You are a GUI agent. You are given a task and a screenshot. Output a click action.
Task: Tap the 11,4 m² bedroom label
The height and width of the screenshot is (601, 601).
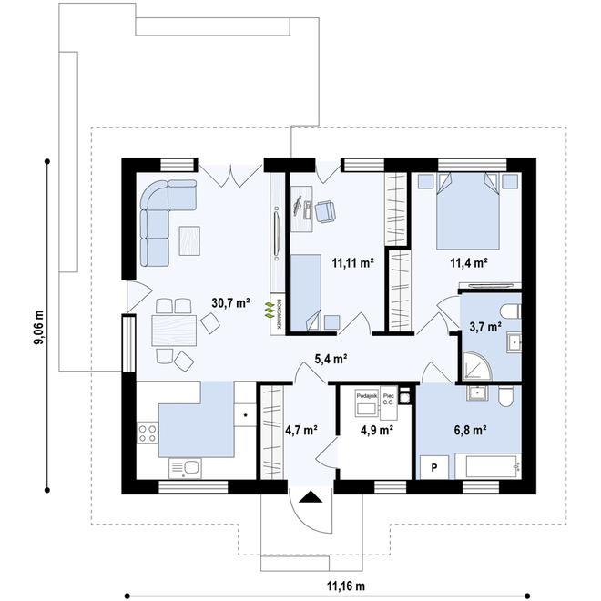469,264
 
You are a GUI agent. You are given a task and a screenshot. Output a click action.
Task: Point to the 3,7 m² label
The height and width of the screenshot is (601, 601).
484,325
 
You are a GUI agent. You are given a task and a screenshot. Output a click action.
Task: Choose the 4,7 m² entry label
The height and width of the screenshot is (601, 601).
300,429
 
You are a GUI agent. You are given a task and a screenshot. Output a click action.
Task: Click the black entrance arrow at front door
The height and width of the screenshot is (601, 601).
310,497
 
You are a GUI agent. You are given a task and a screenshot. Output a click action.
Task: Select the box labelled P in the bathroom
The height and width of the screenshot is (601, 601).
434,465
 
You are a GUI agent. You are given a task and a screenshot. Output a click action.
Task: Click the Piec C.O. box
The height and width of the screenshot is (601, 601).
389,398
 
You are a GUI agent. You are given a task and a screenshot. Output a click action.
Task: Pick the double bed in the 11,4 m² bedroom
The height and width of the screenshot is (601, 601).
469,211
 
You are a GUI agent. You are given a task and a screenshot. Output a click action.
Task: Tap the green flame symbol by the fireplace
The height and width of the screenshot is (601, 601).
270,310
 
